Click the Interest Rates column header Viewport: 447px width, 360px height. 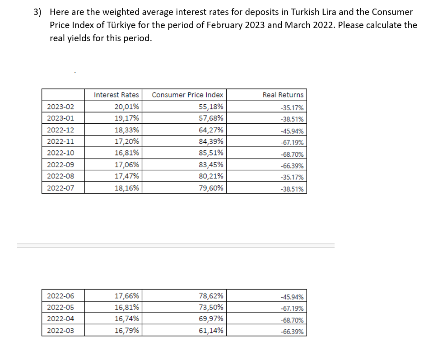pyautogui.click(x=116, y=95)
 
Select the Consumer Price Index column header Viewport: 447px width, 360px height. pyautogui.click(x=187, y=95)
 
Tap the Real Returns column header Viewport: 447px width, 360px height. pyautogui.click(x=283, y=95)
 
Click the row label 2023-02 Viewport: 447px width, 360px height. pyautogui.click(x=60, y=107)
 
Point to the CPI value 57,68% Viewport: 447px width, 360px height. pyautogui.click(x=211, y=118)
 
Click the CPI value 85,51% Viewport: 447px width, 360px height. pyautogui.click(x=211, y=153)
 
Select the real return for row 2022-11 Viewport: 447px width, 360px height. pyautogui.click(x=292, y=143)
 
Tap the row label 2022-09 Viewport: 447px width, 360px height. pyautogui.click(x=60, y=164)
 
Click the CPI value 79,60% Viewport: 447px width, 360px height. pyautogui.click(x=211, y=188)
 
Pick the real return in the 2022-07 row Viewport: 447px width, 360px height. pyautogui.click(x=292, y=189)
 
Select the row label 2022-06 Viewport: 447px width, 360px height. pyautogui.click(x=60, y=296)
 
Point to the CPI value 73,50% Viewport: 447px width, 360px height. pyautogui.click(x=211, y=308)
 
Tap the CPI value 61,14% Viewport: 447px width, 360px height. pyautogui.click(x=211, y=331)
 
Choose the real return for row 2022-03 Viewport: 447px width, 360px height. pyautogui.click(x=292, y=332)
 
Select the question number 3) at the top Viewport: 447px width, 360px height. pyautogui.click(x=38, y=12)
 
